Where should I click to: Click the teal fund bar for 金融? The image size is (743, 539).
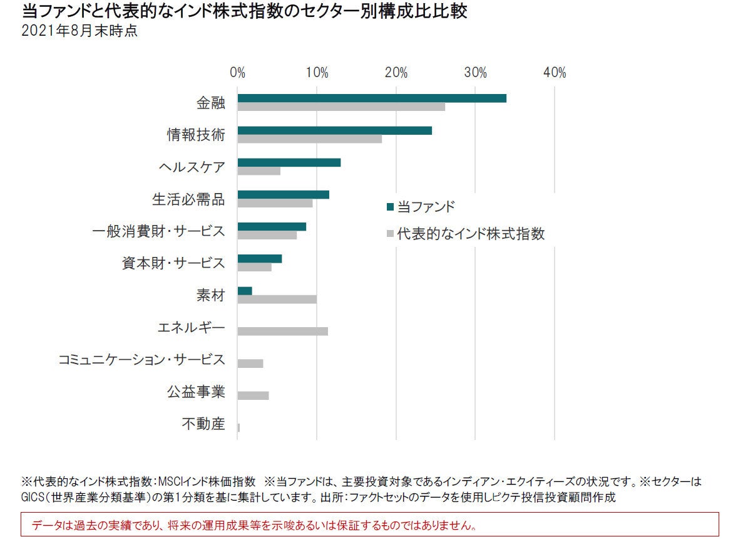point(372,98)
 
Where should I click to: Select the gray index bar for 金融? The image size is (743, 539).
point(341,107)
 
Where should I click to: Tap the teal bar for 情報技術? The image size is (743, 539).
point(334,130)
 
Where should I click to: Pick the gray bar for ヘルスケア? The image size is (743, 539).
point(259,171)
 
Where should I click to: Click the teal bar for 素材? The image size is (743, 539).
point(245,291)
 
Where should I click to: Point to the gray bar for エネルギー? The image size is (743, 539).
point(282,331)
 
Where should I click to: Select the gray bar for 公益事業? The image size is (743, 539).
point(253,395)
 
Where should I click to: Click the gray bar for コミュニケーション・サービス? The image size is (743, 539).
point(250,364)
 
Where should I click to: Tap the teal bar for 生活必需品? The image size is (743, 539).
point(283,194)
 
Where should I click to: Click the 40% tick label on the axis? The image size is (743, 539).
point(555,73)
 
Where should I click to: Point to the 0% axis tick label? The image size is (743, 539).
point(237,73)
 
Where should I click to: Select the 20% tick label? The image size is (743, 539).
point(396,73)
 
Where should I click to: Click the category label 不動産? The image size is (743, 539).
point(203,424)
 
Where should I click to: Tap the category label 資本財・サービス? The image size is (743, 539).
point(173,263)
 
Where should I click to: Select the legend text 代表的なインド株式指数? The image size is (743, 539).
point(471,234)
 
